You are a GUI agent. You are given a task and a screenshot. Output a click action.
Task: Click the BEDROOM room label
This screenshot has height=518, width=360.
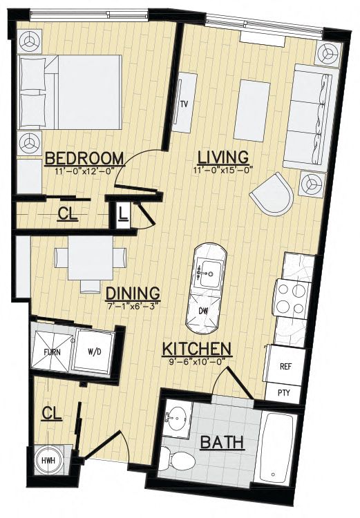pos(84,158)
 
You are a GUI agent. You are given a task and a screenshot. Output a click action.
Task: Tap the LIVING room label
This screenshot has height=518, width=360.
pos(222,157)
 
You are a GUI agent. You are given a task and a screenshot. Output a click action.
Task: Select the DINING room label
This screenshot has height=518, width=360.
pos(133,293)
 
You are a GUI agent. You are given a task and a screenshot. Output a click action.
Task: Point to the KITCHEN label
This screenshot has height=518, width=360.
pos(197,349)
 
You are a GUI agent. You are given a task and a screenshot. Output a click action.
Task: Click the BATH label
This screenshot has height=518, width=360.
pos(222,442)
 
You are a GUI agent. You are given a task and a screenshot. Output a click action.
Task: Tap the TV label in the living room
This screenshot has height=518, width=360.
pos(184,105)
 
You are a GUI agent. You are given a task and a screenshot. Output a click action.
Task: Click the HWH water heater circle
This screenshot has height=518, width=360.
pos(48,460)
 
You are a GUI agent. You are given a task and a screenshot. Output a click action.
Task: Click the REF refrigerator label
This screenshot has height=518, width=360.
pos(285,366)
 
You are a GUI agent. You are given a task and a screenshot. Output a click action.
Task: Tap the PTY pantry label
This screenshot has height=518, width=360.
pos(283,392)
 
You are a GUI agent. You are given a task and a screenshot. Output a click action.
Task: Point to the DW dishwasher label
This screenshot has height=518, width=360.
pos(203,311)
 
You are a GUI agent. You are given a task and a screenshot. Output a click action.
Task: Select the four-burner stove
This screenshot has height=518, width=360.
pos(291,299)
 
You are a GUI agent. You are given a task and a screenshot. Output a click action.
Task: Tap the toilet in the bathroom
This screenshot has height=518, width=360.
pos(178,458)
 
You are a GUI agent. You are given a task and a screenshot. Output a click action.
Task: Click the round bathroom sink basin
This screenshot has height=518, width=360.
pos(177,417)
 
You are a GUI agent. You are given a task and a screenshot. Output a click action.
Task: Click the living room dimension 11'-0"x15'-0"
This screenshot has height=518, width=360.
pos(223,170)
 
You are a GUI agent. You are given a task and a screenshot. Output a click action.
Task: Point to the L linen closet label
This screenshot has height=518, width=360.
pos(122,214)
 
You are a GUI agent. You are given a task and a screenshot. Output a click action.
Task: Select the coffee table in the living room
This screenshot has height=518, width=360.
pos(252,111)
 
